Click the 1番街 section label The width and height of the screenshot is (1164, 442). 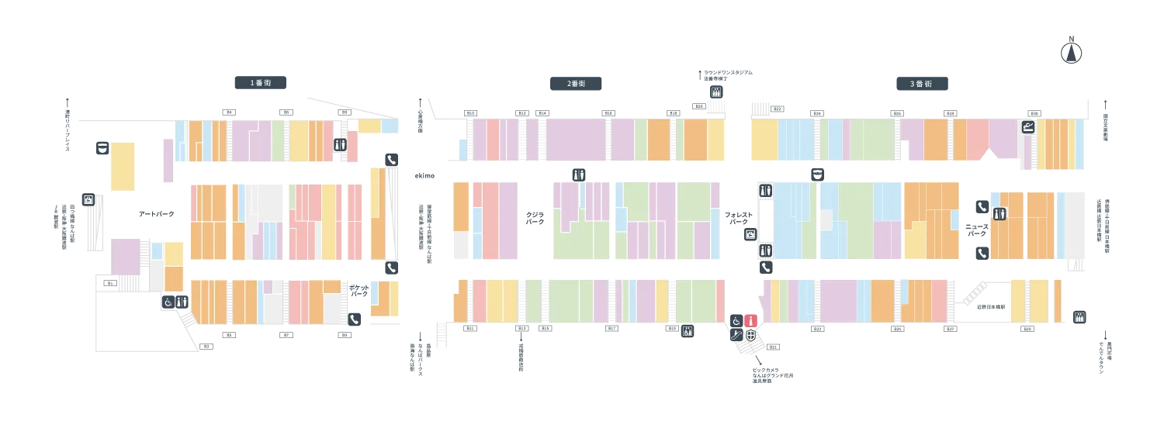click(260, 84)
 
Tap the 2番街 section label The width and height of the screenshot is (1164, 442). click(574, 84)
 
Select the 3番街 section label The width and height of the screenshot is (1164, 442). click(920, 84)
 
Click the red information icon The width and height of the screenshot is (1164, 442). click(750, 320)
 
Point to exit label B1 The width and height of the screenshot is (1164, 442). click(109, 284)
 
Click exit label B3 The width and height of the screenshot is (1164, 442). click(206, 346)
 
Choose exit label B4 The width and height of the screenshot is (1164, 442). click(228, 112)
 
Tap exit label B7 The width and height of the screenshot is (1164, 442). click(286, 335)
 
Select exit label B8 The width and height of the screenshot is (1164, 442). click(345, 112)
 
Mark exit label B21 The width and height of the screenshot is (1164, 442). click(773, 347)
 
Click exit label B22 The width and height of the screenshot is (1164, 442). click(778, 109)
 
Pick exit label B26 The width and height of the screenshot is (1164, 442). click(898, 113)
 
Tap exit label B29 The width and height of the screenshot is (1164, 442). click(1027, 330)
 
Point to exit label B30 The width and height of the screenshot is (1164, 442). click(1033, 113)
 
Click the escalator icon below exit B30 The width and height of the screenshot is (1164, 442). click(1029, 126)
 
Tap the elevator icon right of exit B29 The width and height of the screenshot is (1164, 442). click(1077, 319)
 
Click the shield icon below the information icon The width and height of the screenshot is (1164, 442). click(750, 335)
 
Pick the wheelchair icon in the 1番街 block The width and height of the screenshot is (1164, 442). click(168, 302)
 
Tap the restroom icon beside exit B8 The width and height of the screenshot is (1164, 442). click(340, 144)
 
